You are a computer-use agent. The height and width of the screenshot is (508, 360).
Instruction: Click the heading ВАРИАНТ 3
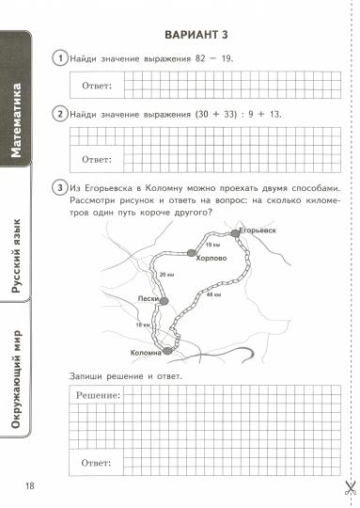(x=198, y=35)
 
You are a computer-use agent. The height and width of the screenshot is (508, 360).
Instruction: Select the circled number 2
(x=61, y=115)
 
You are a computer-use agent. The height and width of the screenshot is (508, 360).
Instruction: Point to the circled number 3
(x=61, y=188)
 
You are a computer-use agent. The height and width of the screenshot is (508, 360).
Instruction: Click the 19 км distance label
(x=211, y=245)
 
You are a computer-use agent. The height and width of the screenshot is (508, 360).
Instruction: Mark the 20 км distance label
(x=166, y=274)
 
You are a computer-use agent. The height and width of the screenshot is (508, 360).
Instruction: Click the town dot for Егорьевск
(x=236, y=234)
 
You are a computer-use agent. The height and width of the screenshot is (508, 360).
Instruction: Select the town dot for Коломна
(x=168, y=350)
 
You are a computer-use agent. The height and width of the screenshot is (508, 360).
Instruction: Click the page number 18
(x=29, y=485)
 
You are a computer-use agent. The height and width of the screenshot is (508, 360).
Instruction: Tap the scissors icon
(x=348, y=488)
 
